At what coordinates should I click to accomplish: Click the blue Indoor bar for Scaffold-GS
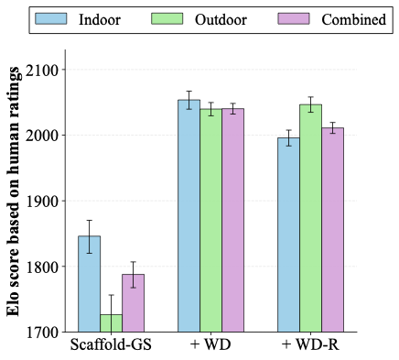click(x=90, y=284)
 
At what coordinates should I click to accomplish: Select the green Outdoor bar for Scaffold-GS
click(x=112, y=322)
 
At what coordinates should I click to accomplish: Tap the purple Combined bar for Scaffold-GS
click(x=134, y=302)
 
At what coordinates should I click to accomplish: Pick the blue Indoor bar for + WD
click(x=189, y=215)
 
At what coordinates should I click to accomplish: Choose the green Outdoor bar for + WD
click(x=210, y=220)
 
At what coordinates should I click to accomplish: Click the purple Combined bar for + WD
click(x=232, y=220)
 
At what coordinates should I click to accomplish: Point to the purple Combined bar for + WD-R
click(x=332, y=229)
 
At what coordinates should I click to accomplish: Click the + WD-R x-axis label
click(x=310, y=347)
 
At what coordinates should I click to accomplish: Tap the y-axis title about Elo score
click(x=15, y=198)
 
